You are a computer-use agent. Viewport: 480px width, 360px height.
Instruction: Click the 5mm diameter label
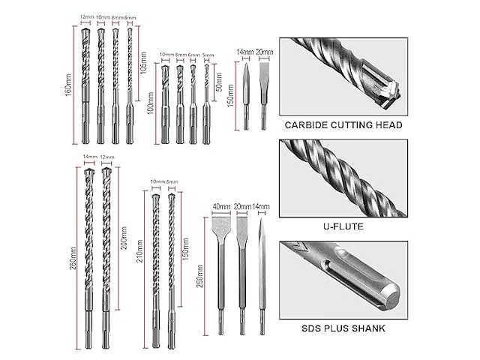(x=207, y=54)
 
